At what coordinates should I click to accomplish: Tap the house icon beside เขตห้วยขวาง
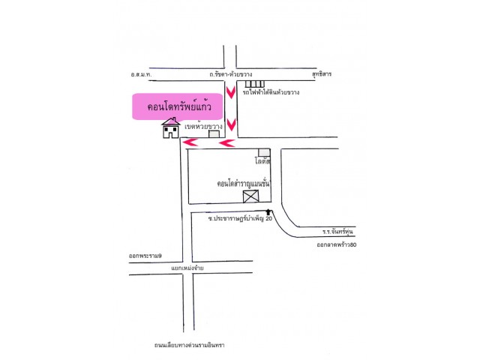click(172, 130)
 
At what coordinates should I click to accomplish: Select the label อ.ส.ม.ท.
click(140, 75)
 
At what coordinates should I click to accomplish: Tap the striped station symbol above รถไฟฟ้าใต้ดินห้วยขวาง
click(254, 82)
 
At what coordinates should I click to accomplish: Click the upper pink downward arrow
click(232, 94)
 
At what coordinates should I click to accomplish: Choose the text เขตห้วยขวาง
click(203, 127)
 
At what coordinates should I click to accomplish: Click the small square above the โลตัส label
click(263, 151)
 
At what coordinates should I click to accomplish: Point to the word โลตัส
click(262, 161)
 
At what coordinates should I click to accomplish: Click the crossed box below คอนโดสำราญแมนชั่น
click(250, 196)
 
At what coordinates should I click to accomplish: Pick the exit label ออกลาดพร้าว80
click(337, 245)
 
